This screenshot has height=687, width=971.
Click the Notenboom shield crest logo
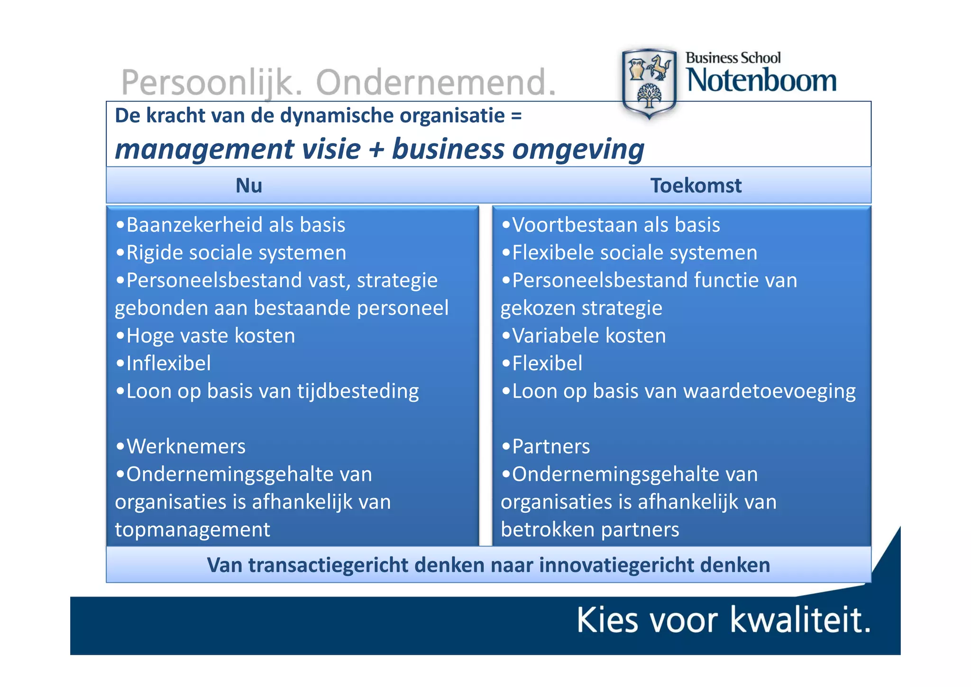(649, 83)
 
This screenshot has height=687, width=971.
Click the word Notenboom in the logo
(761, 81)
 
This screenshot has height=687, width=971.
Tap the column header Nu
(249, 186)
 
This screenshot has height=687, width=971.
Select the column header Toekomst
(696, 186)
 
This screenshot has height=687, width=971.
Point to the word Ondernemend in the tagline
(435, 83)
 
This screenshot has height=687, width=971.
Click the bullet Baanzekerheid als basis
(236, 225)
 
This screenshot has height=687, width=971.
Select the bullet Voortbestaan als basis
(616, 225)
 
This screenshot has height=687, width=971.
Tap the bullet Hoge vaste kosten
(211, 336)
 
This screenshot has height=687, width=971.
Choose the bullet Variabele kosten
(589, 336)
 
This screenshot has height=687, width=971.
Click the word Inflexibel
(168, 363)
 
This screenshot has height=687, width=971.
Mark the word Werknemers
(186, 446)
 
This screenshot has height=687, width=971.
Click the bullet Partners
(551, 446)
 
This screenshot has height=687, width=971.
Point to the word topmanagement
(192, 529)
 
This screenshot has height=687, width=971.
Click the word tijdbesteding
(358, 391)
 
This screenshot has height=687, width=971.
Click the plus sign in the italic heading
(376, 149)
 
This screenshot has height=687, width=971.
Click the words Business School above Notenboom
(733, 58)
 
